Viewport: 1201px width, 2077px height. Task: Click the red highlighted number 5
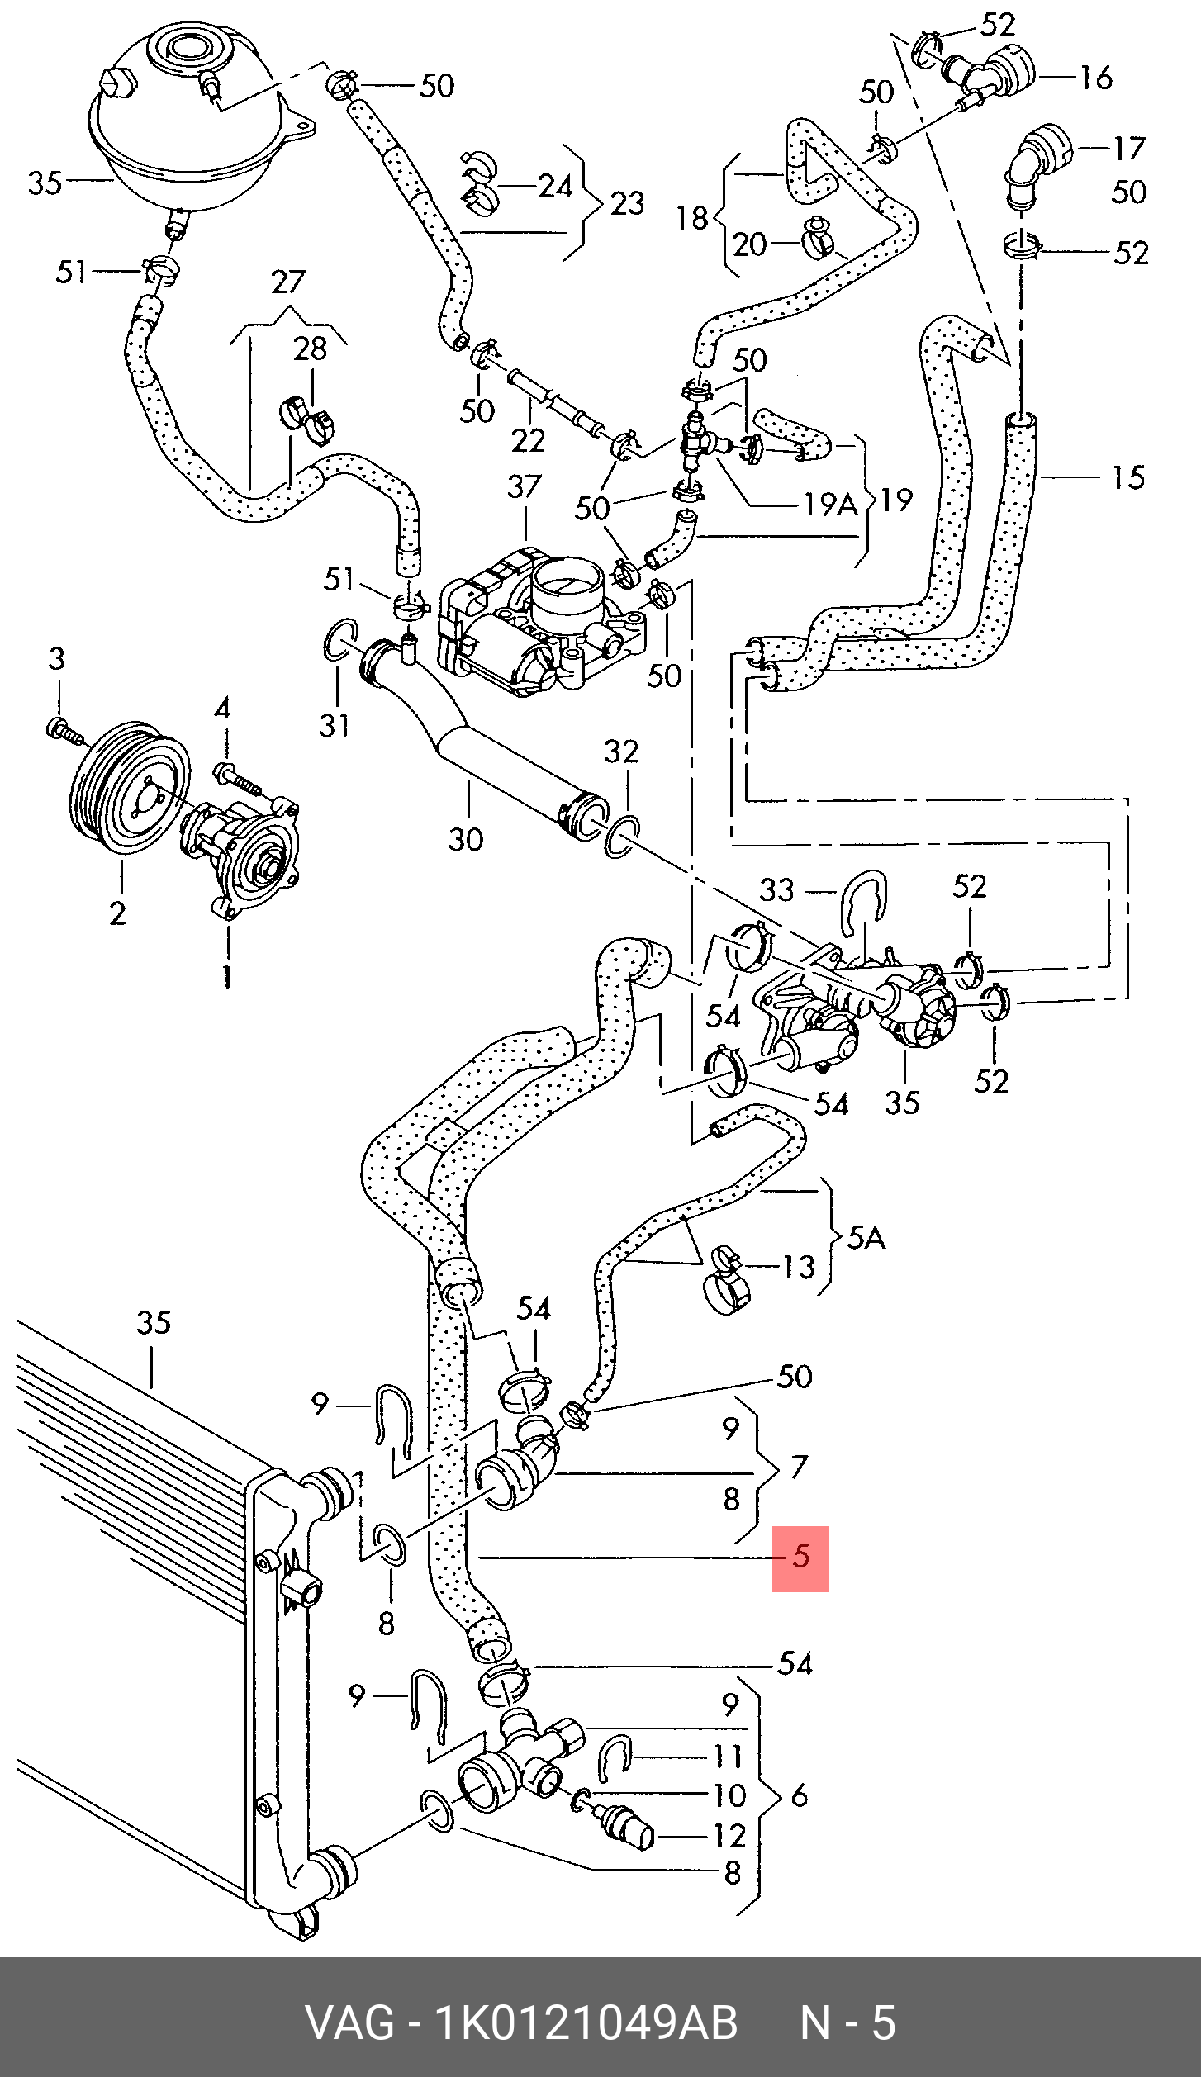click(x=800, y=1557)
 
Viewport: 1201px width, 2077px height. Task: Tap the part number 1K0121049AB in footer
click(x=586, y=2022)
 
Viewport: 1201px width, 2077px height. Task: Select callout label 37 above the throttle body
click(x=524, y=487)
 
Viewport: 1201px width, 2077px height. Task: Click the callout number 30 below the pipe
click(x=465, y=839)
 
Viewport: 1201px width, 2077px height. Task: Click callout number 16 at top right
click(x=1095, y=78)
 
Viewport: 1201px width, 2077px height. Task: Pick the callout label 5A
click(x=866, y=1237)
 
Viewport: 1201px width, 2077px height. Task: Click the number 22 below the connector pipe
click(x=528, y=441)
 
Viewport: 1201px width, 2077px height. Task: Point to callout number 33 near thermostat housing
click(x=776, y=889)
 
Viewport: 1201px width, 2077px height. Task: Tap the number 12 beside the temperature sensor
click(x=729, y=1836)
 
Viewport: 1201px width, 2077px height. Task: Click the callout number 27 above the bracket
click(x=288, y=282)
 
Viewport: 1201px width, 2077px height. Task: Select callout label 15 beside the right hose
click(x=1128, y=477)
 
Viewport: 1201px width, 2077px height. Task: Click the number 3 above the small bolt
click(x=56, y=659)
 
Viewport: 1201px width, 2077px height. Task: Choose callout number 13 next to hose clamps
click(x=798, y=1267)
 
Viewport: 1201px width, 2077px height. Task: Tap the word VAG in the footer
click(x=350, y=2022)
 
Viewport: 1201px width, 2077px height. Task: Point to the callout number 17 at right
click(x=1129, y=149)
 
